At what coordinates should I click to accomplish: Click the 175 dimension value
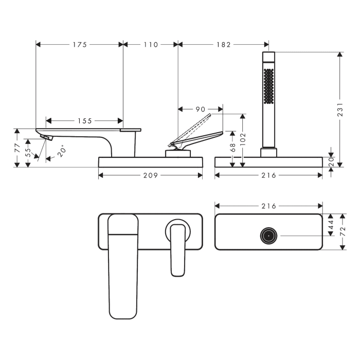[x=79, y=45]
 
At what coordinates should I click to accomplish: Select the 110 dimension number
[x=150, y=45]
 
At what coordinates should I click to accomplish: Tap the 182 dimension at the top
[x=223, y=45]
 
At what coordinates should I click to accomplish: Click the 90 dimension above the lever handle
[x=200, y=109]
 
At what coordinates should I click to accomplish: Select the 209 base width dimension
[x=150, y=175]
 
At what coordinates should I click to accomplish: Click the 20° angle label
[x=62, y=151]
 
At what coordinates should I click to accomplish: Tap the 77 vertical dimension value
[x=17, y=149]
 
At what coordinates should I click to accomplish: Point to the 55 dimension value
[x=29, y=153]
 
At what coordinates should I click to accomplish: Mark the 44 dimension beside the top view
[x=331, y=224]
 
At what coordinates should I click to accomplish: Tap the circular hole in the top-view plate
[x=268, y=236]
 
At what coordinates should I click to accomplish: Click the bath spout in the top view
[x=123, y=267]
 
